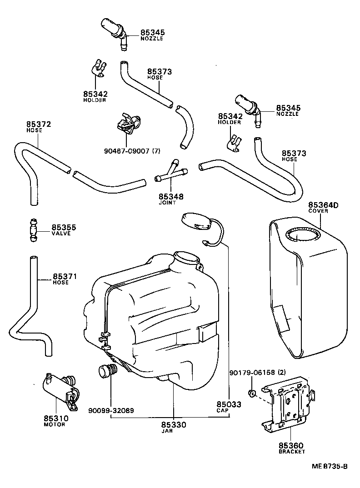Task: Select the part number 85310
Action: click(x=55, y=418)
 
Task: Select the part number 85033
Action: click(x=229, y=404)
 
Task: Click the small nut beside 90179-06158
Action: click(x=251, y=392)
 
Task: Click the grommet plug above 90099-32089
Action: click(x=106, y=371)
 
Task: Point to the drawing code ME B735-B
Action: click(x=330, y=466)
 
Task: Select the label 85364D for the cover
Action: click(x=324, y=205)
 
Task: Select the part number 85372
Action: click(x=38, y=124)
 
